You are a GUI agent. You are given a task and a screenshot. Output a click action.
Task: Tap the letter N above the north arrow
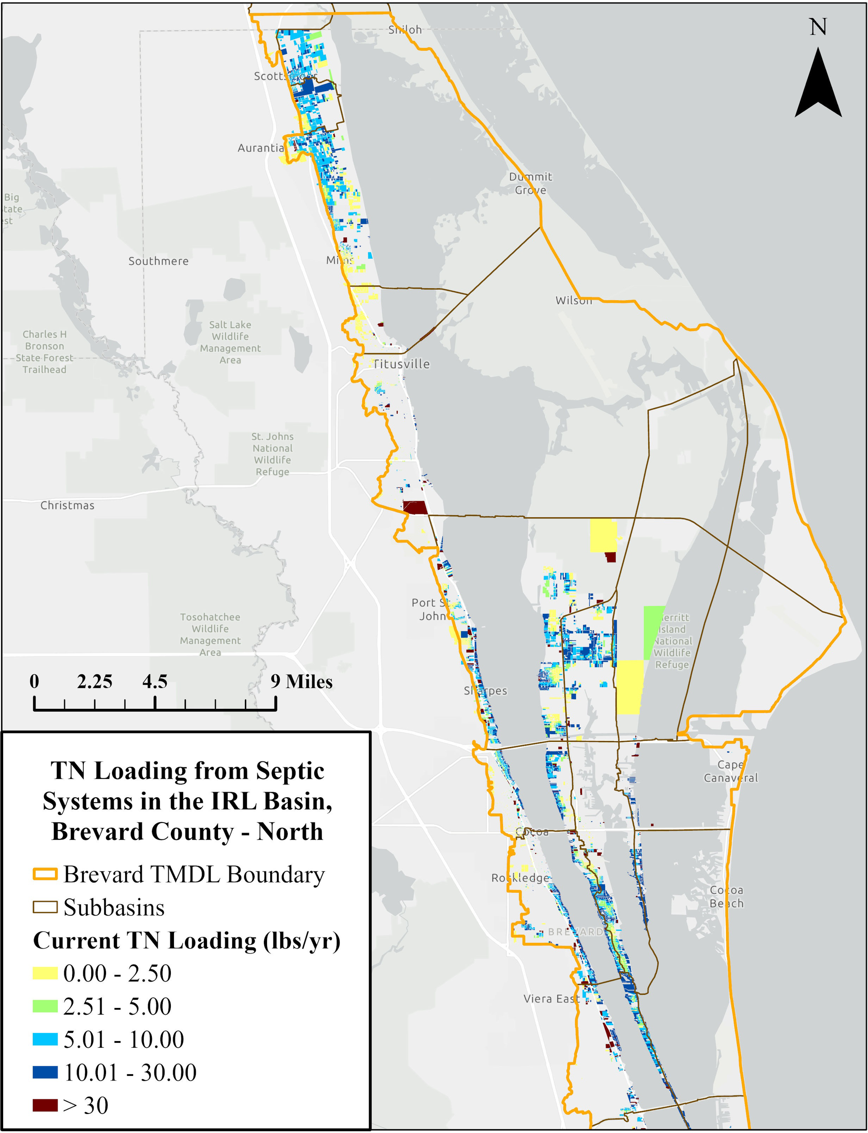(818, 27)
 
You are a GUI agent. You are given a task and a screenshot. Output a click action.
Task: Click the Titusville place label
(402, 364)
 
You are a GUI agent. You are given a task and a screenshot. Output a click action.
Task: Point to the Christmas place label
(67, 505)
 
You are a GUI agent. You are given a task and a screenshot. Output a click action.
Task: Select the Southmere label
(158, 261)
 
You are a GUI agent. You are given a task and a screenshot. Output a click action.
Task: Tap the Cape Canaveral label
(731, 771)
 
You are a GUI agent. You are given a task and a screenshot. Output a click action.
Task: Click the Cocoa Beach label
(726, 896)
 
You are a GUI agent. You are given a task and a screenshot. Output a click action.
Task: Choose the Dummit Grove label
(531, 184)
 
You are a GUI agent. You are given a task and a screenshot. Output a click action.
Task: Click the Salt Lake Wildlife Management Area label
(230, 342)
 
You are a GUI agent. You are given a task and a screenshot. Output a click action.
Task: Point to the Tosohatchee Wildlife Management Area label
(210, 634)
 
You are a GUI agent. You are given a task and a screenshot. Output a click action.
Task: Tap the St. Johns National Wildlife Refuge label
(272, 454)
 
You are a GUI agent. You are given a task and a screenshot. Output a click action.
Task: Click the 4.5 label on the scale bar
(155, 682)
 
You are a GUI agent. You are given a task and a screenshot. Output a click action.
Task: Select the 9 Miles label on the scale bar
(302, 682)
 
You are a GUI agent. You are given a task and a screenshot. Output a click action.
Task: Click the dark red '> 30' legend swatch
(45, 1105)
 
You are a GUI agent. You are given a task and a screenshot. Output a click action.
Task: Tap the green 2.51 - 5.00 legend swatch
(45, 1006)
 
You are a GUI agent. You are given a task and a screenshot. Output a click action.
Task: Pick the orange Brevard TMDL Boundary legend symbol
(45, 874)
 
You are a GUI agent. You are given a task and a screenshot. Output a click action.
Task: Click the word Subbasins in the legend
(114, 908)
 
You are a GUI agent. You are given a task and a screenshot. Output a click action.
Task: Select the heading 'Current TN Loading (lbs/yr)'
(186, 941)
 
